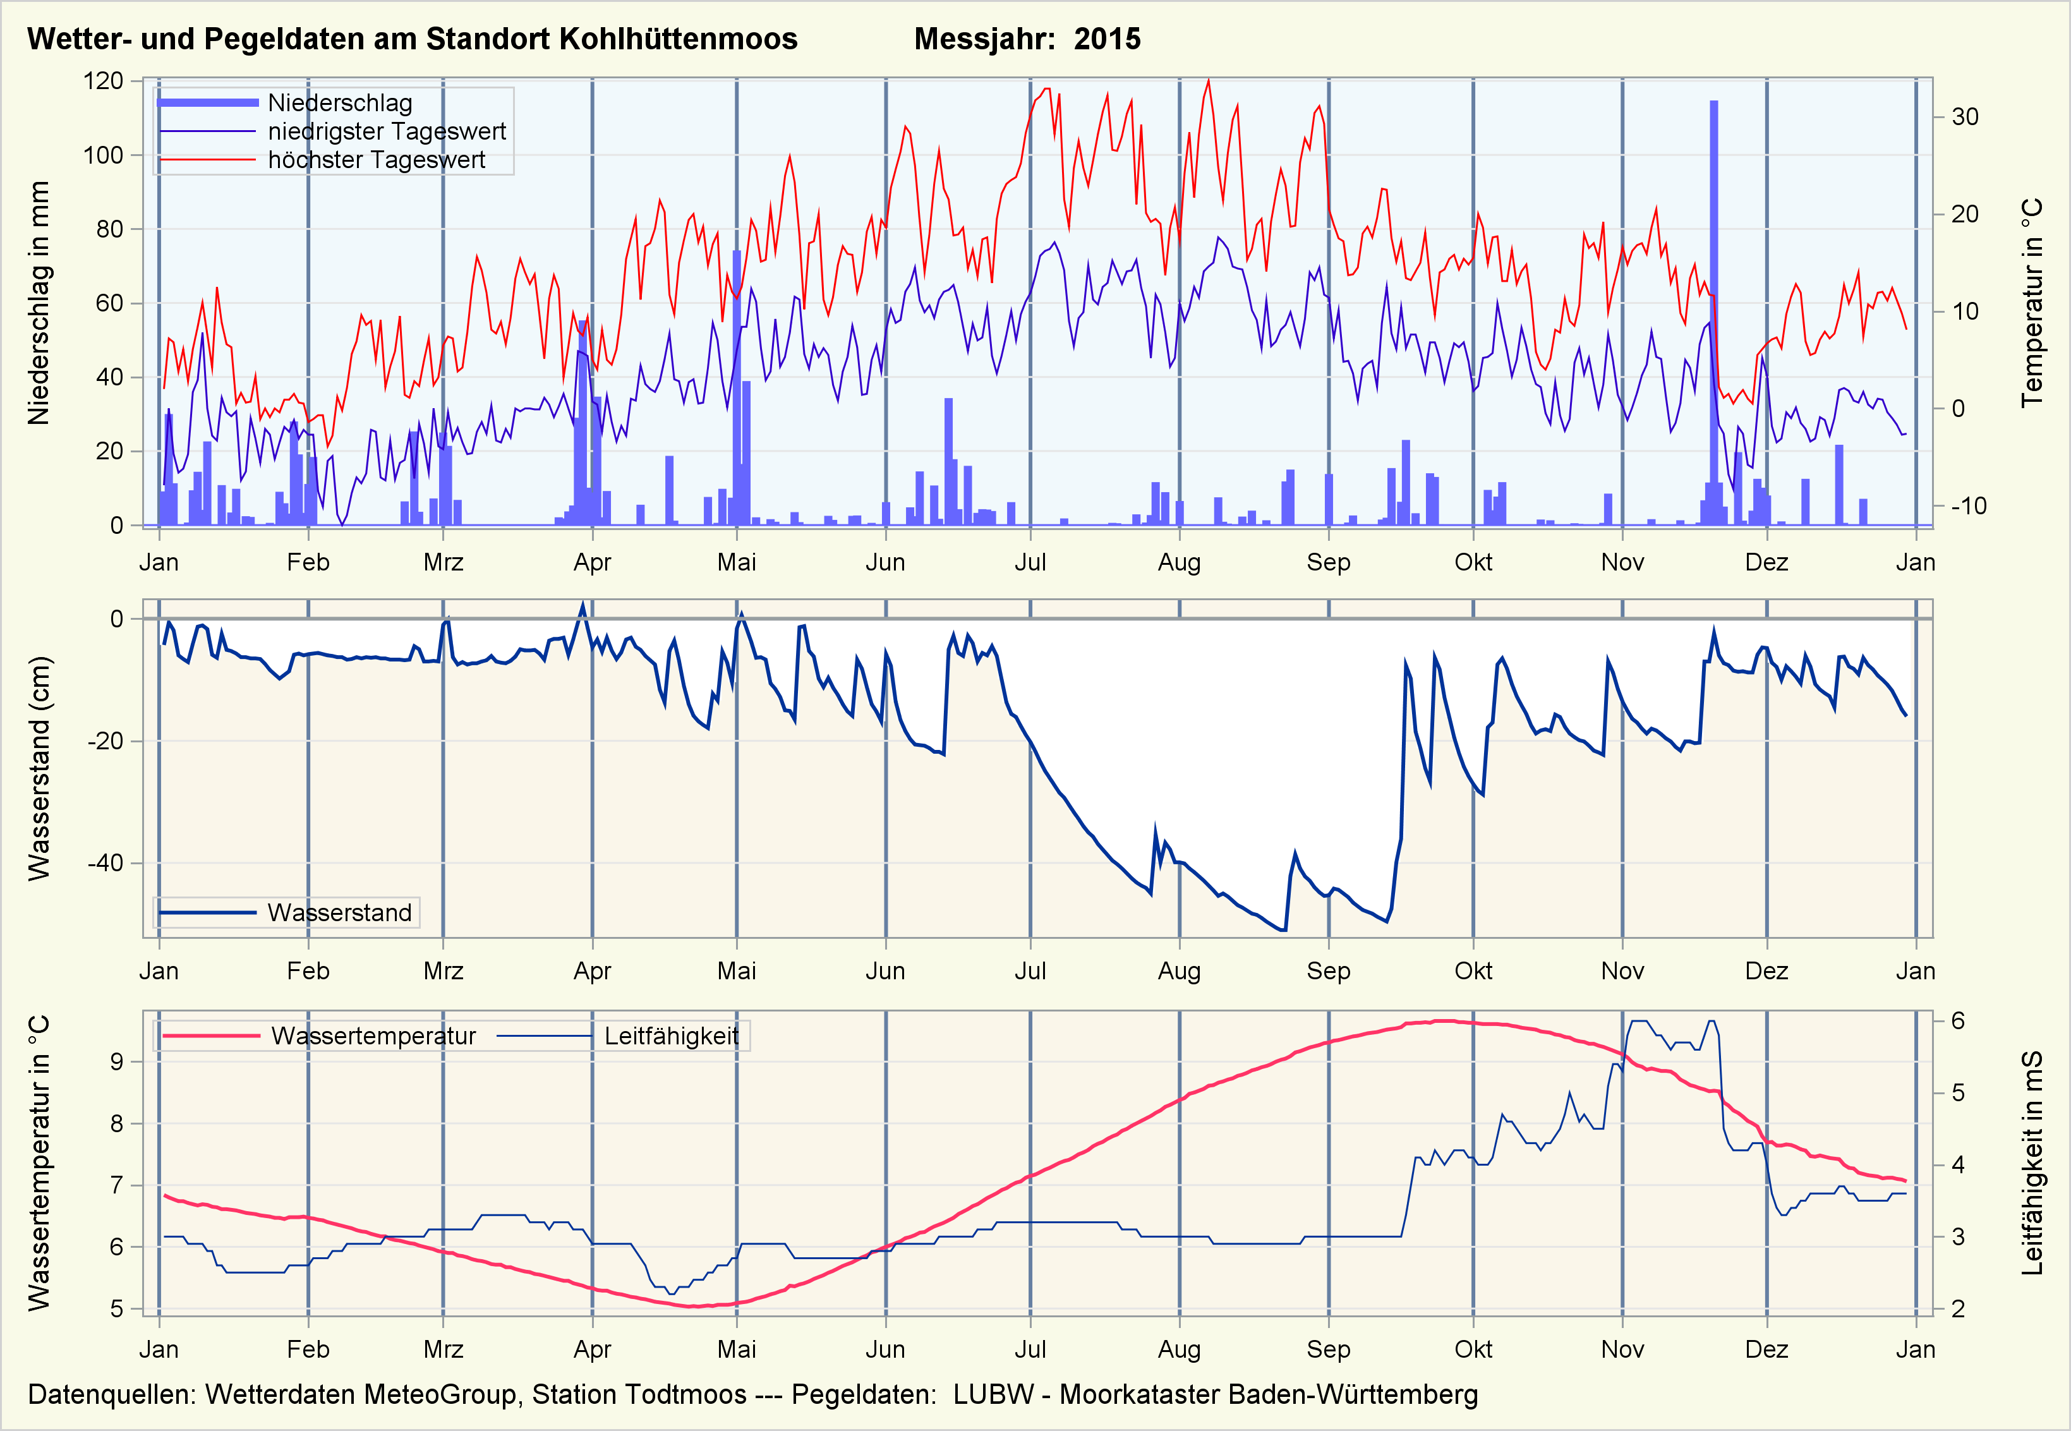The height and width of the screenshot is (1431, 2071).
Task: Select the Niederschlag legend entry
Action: (x=340, y=103)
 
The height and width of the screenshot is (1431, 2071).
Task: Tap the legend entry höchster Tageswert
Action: (x=376, y=160)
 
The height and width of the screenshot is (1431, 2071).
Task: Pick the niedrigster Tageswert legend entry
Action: (x=387, y=132)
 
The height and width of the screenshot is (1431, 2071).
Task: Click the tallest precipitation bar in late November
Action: (x=1713, y=314)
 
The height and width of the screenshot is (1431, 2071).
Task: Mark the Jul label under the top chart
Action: (x=1030, y=562)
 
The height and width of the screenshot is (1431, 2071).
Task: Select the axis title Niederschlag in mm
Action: (x=39, y=303)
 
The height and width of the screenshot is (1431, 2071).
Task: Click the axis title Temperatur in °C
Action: (x=2032, y=303)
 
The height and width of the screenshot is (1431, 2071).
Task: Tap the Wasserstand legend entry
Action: (x=339, y=913)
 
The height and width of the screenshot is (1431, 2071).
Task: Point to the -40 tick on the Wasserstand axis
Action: (x=105, y=864)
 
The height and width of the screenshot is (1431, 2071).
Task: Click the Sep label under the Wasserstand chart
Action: (x=1328, y=971)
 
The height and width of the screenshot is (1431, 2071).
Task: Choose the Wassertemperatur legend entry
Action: (x=373, y=1037)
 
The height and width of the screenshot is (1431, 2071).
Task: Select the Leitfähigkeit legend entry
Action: (x=670, y=1037)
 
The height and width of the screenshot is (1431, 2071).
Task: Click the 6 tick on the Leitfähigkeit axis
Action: (x=1958, y=1021)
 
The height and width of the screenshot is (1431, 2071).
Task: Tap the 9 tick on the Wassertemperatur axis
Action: (x=116, y=1061)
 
